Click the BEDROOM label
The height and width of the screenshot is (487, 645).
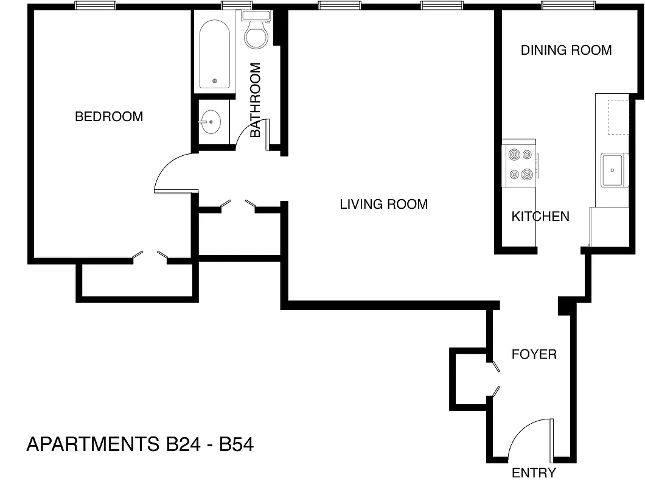coord(109,116)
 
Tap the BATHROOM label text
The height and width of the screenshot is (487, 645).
coord(256,100)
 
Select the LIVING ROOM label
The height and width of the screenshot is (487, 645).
coord(383,205)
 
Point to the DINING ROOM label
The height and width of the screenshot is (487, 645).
coord(566,51)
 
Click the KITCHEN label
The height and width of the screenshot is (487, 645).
coord(540,216)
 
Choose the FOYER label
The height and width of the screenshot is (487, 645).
coord(534,354)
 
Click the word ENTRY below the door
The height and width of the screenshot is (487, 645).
coord(534,473)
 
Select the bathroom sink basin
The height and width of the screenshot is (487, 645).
coord(211,122)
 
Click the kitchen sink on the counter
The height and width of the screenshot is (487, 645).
coord(613,170)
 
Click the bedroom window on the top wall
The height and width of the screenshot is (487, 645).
coord(95,6)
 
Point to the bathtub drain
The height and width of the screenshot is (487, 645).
coord(214,80)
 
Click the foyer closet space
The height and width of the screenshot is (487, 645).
coord(469,378)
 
